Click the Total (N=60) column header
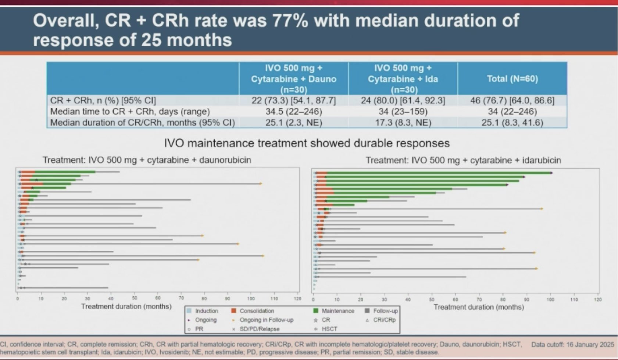pos(512,79)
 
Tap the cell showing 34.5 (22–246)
pos(293,111)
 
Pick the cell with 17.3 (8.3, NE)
pos(403,122)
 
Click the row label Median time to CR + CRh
pos(130,111)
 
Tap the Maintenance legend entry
pos(337,311)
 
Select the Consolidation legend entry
pos(257,311)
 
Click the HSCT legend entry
pos(329,329)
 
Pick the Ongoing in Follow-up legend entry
pos(266,320)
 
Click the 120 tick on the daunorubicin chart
pos(297,299)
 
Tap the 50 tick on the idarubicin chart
pos(432,300)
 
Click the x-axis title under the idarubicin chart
pos(479,307)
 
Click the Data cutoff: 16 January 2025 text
pos(572,345)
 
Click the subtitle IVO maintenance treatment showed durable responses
pos(307,143)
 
